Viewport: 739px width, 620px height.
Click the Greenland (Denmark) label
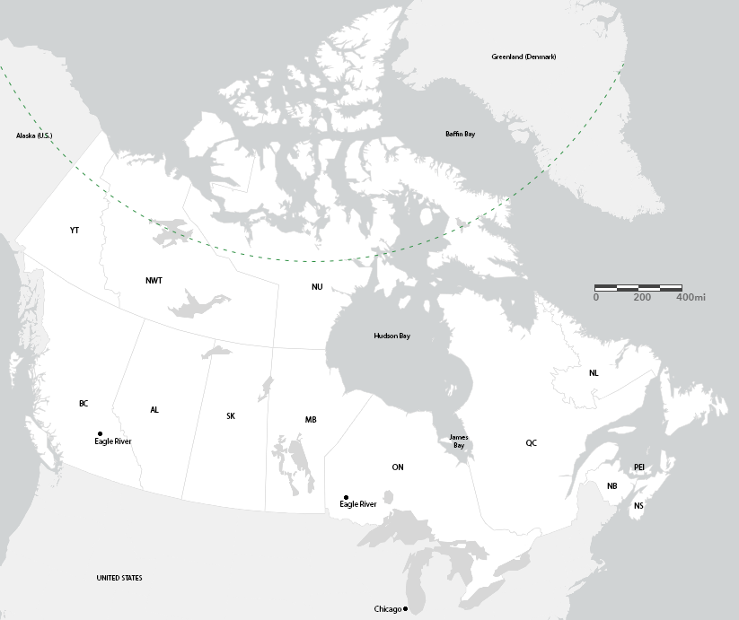[x=523, y=57]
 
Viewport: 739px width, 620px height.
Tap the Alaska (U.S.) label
[x=34, y=135]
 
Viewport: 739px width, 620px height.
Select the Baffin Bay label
[x=460, y=134]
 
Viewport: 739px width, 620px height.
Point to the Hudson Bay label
[x=391, y=336]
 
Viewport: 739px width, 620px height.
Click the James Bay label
[x=458, y=441]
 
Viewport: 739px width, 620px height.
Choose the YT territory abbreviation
[x=75, y=231]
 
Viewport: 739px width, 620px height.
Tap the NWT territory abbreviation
[x=154, y=281]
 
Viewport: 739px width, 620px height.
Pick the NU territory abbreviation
[x=317, y=287]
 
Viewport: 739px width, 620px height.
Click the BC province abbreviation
[x=84, y=404]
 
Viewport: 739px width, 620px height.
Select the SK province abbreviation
[x=231, y=416]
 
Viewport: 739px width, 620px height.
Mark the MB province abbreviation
[x=311, y=420]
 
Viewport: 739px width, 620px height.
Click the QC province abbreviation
[x=532, y=443]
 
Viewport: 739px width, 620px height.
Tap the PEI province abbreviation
[x=639, y=467]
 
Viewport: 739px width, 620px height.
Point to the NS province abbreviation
[x=638, y=506]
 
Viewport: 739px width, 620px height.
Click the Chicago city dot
[x=406, y=609]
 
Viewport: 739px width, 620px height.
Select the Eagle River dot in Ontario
[x=346, y=497]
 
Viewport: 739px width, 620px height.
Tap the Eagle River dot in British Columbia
[x=100, y=433]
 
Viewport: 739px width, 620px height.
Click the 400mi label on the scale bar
[x=691, y=297]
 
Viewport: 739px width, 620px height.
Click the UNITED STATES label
[x=119, y=578]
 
